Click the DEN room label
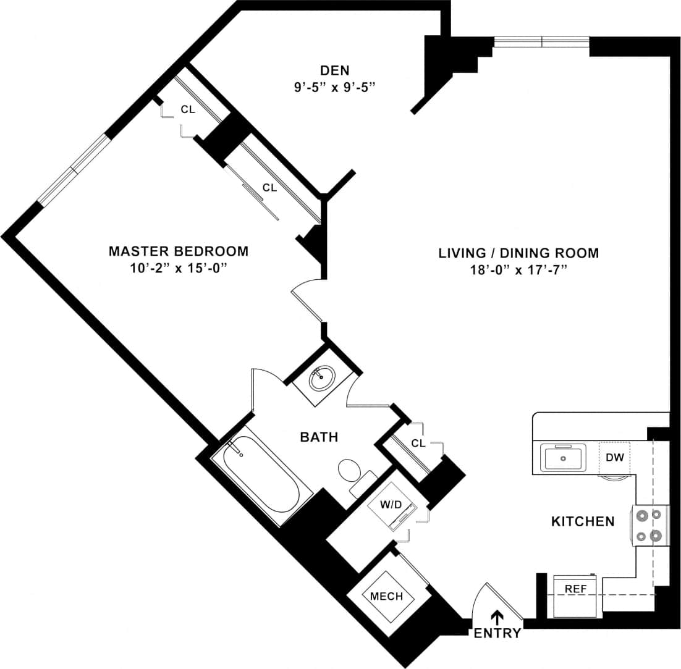(335, 69)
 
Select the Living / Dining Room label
(518, 253)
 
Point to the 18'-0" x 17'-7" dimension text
(518, 271)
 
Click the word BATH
(319, 437)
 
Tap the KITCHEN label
(582, 521)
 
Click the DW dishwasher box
(614, 458)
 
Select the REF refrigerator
(575, 589)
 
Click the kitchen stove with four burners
(650, 525)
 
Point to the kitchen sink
(563, 458)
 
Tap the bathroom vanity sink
(322, 377)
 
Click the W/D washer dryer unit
(391, 505)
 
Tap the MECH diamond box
(386, 596)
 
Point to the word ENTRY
(497, 634)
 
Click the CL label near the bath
(418, 443)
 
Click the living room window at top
(541, 42)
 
